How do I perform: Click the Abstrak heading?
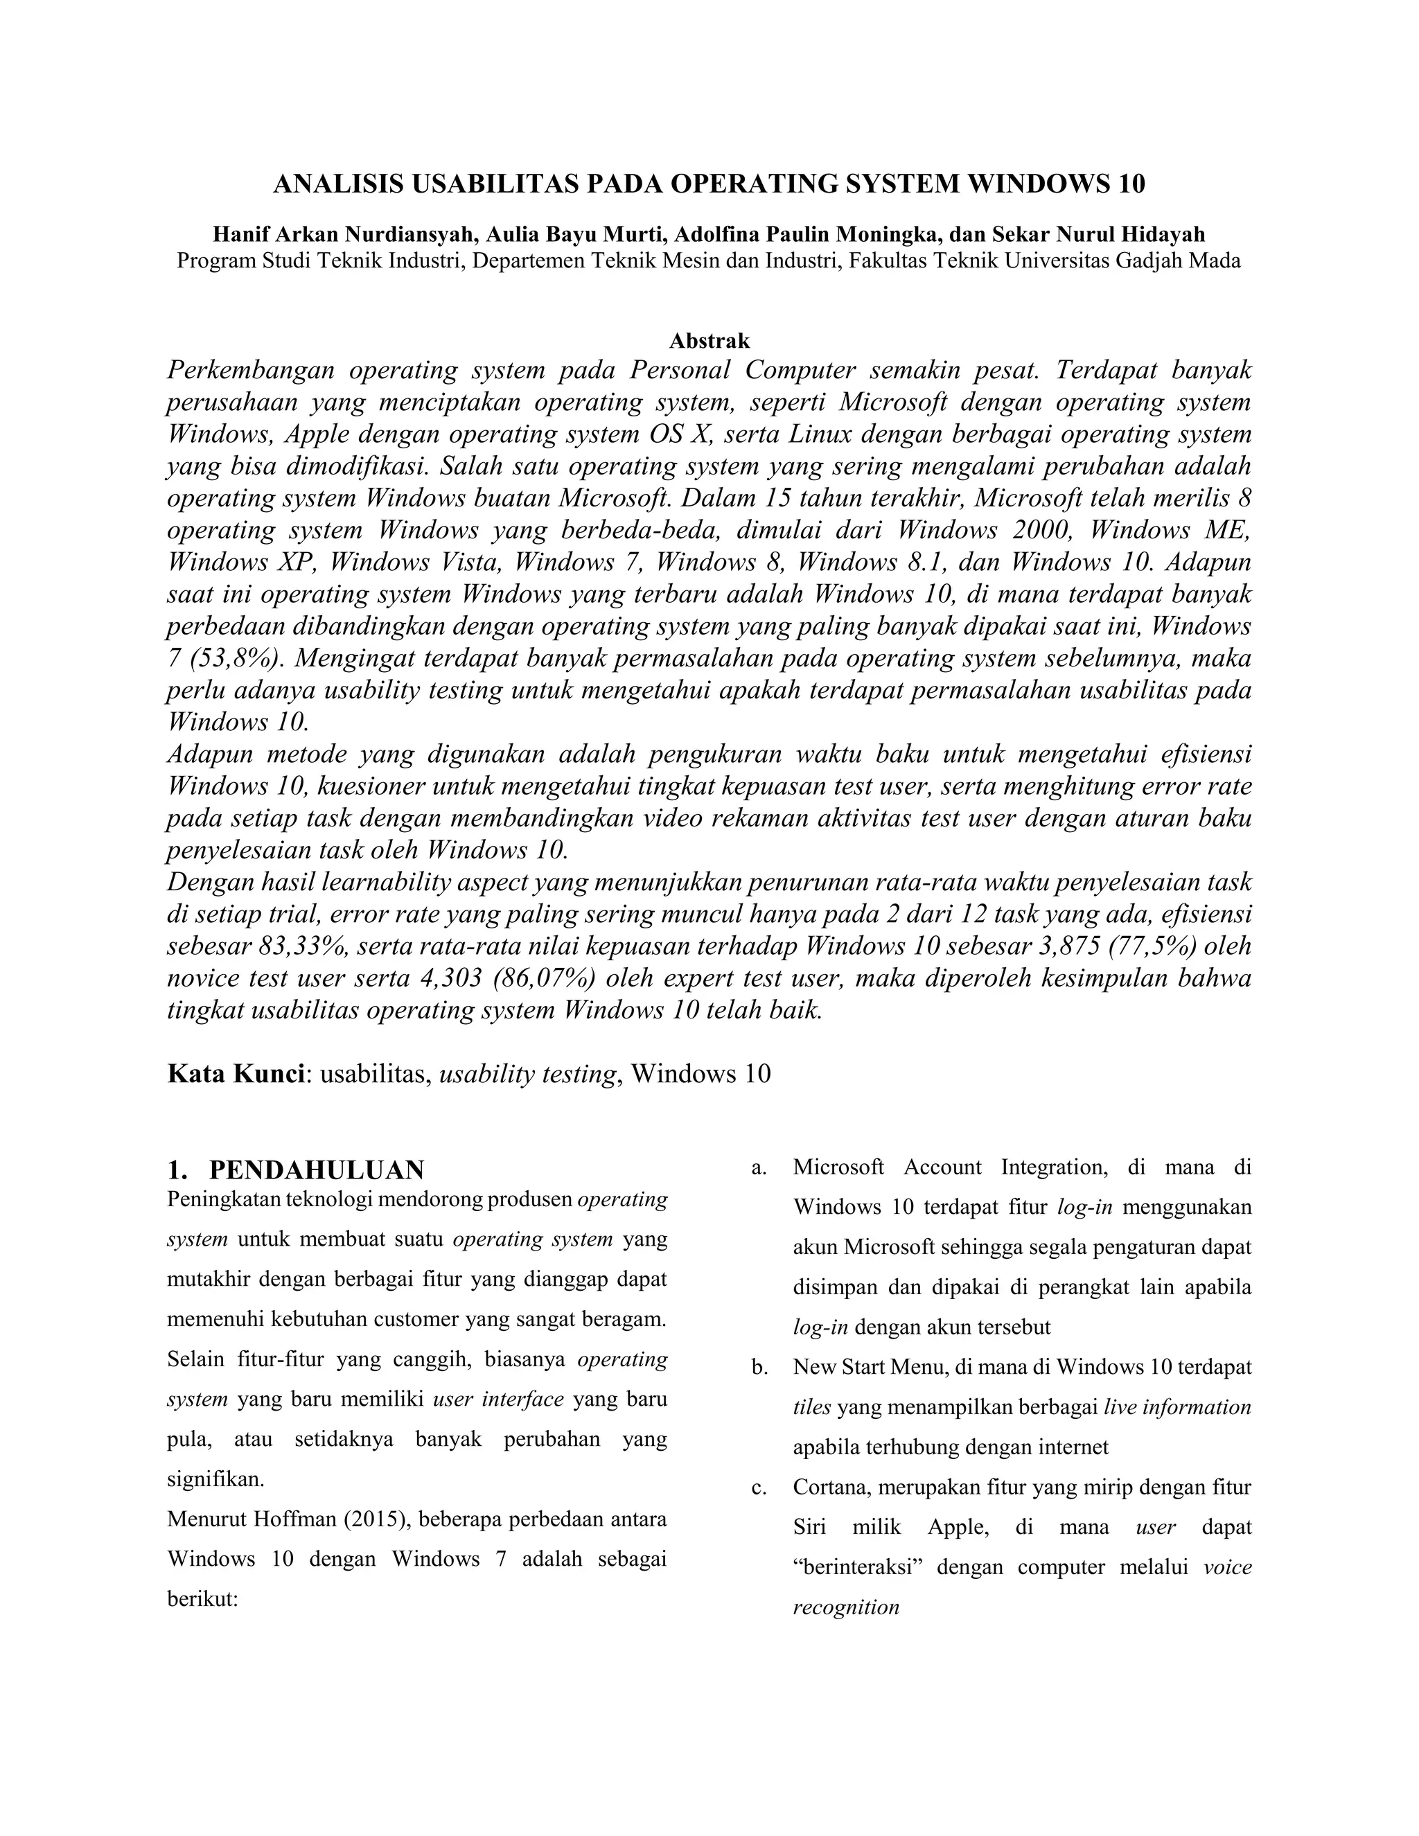click(709, 340)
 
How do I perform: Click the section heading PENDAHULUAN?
click(316, 1170)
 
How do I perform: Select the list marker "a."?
click(759, 1167)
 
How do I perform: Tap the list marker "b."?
click(760, 1368)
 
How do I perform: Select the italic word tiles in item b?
click(812, 1407)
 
